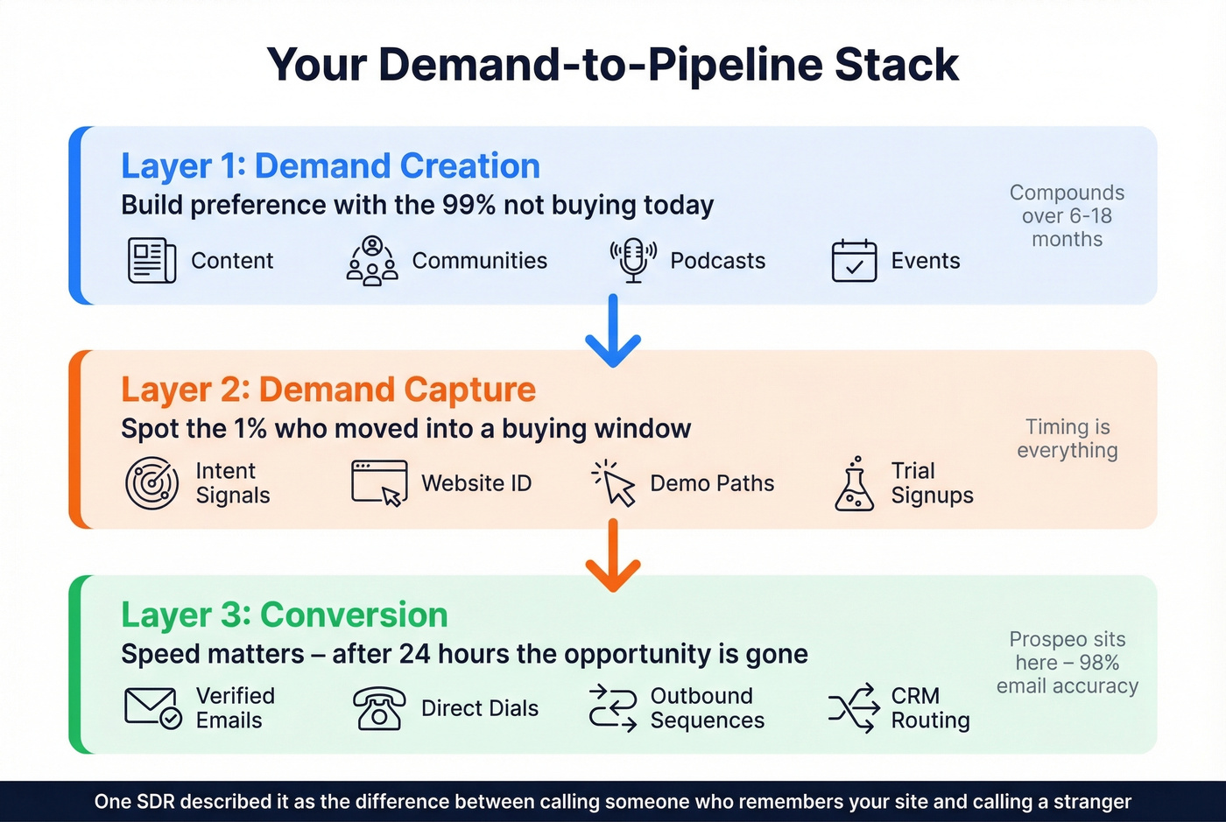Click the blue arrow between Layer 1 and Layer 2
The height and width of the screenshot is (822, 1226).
pyautogui.click(x=613, y=331)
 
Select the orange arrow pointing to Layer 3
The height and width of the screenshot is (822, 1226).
pyautogui.click(x=613, y=555)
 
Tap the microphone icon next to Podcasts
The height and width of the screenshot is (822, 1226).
pyautogui.click(x=633, y=260)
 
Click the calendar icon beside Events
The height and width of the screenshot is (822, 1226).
pyautogui.click(x=854, y=260)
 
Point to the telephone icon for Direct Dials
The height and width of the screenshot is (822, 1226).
pyautogui.click(x=379, y=708)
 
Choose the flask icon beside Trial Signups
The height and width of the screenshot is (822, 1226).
pyautogui.click(x=855, y=484)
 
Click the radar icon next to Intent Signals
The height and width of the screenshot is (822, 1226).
pyautogui.click(x=152, y=483)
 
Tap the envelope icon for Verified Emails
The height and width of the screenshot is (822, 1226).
pyautogui.click(x=152, y=708)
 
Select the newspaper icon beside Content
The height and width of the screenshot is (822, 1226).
pyautogui.click(x=152, y=260)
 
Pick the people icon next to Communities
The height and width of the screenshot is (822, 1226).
pyautogui.click(x=372, y=261)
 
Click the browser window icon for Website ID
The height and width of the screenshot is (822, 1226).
pyautogui.click(x=379, y=483)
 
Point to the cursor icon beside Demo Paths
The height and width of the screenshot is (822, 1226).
pyautogui.click(x=615, y=484)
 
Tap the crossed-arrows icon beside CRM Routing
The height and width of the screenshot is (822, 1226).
pyautogui.click(x=854, y=708)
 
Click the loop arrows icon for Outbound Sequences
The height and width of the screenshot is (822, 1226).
pyautogui.click(x=613, y=708)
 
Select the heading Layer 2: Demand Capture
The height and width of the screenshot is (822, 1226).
pyautogui.click(x=328, y=390)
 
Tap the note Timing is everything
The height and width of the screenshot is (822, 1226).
pyautogui.click(x=1067, y=439)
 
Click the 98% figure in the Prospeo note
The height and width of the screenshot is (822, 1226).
pyautogui.click(x=1099, y=663)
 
